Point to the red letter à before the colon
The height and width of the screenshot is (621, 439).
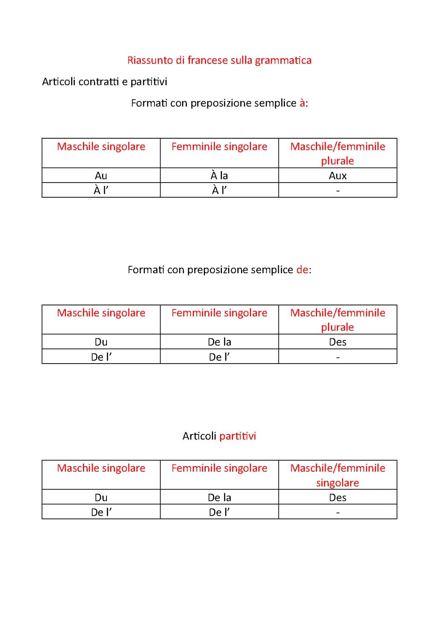302,103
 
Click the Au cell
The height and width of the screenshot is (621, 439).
101,176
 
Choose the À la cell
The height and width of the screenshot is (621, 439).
219,176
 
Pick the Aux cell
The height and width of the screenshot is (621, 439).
337,176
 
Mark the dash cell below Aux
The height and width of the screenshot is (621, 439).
337,190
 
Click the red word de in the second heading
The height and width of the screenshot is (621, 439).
302,270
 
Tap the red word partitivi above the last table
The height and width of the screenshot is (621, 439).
237,436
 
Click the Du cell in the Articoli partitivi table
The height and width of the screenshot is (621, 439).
101,497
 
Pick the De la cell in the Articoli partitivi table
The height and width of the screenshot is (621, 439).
219,497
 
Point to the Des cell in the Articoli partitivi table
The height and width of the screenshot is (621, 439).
337,497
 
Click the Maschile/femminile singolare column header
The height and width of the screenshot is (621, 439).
337,475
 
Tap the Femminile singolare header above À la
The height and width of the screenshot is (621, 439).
219,146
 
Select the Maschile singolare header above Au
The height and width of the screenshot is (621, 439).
101,146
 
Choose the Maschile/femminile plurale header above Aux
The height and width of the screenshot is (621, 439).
337,153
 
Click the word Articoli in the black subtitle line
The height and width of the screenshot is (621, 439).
59,82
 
